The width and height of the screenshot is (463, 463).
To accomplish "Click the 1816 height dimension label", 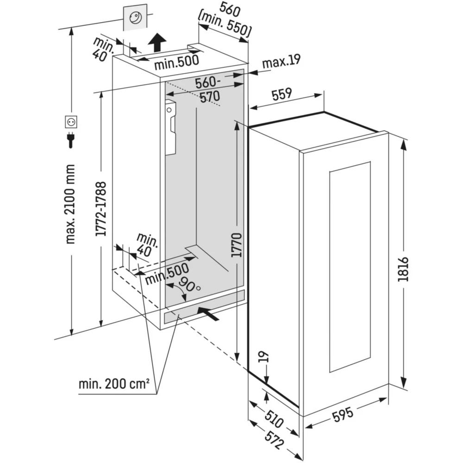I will (x=404, y=268).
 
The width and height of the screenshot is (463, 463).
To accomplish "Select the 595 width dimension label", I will (x=344, y=415).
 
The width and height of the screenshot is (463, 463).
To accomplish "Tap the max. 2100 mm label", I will (x=71, y=204).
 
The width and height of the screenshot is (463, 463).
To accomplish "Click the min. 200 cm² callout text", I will (x=114, y=384).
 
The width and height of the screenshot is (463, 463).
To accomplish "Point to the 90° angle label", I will (x=190, y=284).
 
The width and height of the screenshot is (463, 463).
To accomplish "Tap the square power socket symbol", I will (x=71, y=122).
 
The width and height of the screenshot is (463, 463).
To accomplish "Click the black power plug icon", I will (x=71, y=140).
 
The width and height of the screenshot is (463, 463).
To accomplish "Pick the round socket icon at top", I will (x=137, y=18).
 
